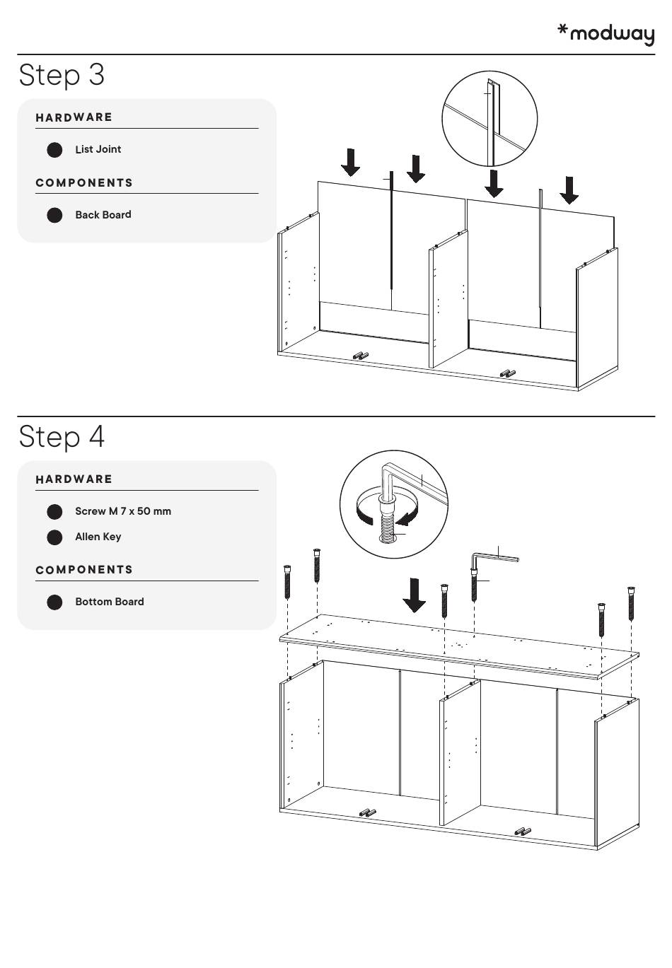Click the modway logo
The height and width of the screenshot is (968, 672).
tap(606, 33)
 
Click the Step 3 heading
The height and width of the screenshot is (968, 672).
tap(62, 75)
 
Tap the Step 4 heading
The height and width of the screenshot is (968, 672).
tap(62, 436)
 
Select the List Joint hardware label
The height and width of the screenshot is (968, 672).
tap(98, 149)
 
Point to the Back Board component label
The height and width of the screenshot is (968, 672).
tap(103, 215)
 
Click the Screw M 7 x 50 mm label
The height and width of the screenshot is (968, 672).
tap(122, 511)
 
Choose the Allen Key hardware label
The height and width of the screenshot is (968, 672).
tap(98, 537)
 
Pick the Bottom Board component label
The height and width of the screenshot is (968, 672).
tap(109, 602)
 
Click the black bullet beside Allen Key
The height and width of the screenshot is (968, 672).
tap(54, 537)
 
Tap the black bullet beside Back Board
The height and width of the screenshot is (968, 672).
tap(54, 215)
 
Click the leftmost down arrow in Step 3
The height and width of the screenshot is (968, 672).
tap(350, 162)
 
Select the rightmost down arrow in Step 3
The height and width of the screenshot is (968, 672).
tap(569, 190)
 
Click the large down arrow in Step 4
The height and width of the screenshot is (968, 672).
tap(414, 595)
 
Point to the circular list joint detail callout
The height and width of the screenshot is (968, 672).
tap(489, 118)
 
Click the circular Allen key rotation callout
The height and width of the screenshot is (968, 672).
tap(394, 504)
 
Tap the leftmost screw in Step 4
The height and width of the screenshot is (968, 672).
tap(287, 581)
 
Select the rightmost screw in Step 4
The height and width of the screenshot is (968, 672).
tap(631, 603)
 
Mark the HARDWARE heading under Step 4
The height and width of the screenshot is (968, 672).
tap(74, 479)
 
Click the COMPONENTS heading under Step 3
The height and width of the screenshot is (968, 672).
tap(84, 183)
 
